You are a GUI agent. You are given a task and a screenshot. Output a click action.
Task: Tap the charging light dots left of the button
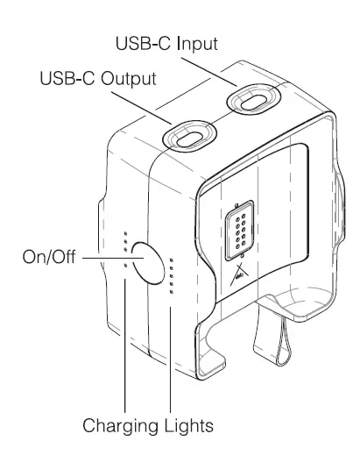click(x=126, y=250)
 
